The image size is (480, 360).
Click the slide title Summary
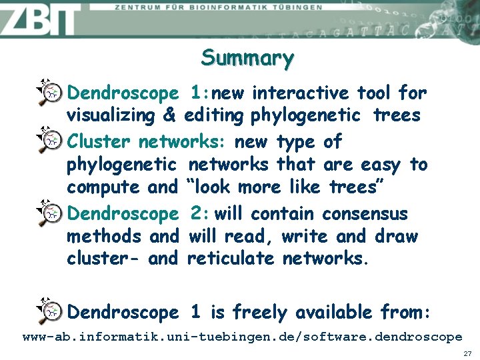247,58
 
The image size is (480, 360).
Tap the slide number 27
467,353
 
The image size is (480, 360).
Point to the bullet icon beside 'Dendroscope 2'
48,211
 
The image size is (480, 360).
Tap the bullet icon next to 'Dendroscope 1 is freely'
48,309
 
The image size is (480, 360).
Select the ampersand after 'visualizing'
169,115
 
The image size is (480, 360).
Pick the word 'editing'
214,116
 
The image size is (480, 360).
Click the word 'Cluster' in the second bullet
101,141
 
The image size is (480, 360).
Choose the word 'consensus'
365,214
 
